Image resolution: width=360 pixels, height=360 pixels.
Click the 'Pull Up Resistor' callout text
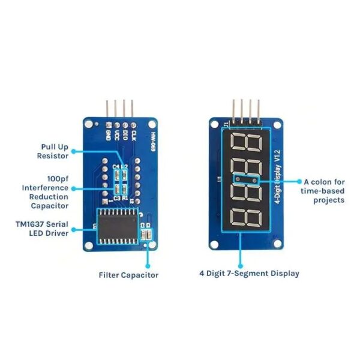click(x=58, y=150)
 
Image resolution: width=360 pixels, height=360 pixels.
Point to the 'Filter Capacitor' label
click(x=128, y=275)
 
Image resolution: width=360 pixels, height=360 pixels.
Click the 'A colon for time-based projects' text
click(x=324, y=190)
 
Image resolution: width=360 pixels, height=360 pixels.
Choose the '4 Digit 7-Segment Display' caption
click(x=249, y=273)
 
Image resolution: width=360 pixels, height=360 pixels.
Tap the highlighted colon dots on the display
click(x=246, y=179)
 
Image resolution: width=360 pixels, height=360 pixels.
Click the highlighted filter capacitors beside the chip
click(x=146, y=235)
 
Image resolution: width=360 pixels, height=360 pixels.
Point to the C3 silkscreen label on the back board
click(x=116, y=197)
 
